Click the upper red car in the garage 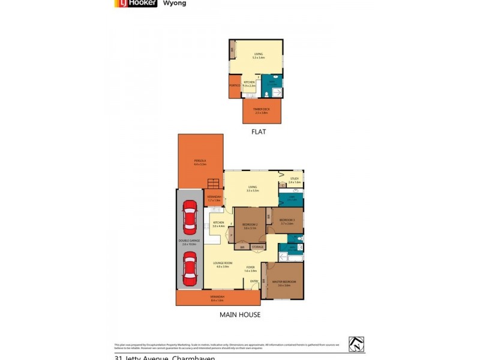tap(189, 217)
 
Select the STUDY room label tap(294, 179)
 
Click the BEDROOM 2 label tap(250, 226)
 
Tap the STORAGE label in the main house tap(257, 247)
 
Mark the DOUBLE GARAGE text tap(188, 243)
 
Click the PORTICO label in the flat tap(235, 86)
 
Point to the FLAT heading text tap(259, 132)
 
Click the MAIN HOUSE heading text tap(240, 314)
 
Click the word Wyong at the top tap(175, 3)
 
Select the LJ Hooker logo tap(136, 3)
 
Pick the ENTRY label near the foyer tap(254, 281)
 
